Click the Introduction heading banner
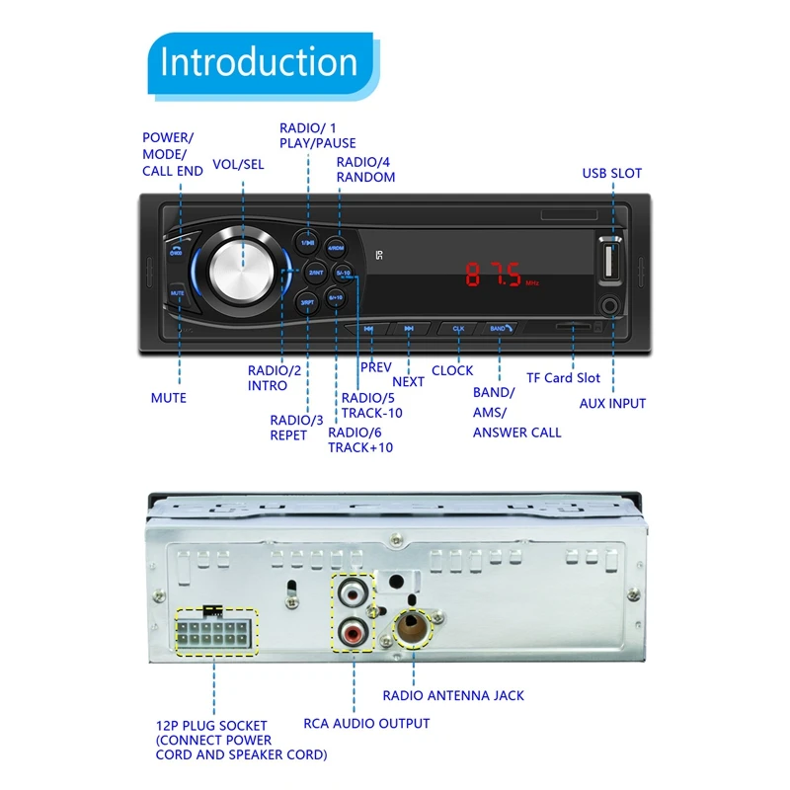258,62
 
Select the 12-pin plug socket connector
214,632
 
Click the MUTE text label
168,398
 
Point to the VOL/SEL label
238,165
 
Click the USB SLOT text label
611,174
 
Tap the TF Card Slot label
563,378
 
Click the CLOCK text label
452,370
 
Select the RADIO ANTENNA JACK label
453,695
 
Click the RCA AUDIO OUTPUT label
365,724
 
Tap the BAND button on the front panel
500,328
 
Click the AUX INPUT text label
612,403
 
